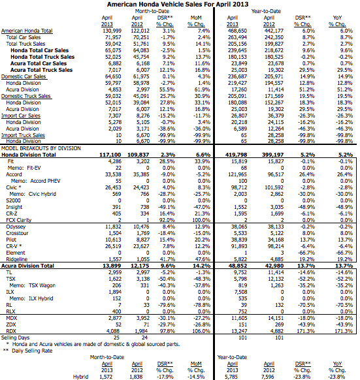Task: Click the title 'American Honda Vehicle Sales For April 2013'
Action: tap(180, 4)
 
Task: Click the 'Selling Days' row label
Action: tap(18, 338)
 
